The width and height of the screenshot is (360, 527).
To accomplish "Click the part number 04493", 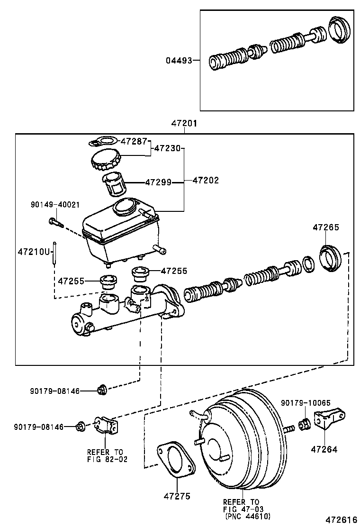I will (180, 61).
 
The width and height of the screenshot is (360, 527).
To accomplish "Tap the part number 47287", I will (134, 141).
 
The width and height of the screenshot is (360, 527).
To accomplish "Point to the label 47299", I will (158, 182).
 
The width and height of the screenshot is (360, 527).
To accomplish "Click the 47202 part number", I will (206, 181).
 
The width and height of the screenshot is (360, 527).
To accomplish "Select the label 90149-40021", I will (55, 204).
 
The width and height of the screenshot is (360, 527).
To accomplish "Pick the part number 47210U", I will (34, 251).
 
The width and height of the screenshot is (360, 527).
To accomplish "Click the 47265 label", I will (325, 227).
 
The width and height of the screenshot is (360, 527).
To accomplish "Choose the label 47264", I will (324, 449).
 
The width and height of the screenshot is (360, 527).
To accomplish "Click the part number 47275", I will (177, 496).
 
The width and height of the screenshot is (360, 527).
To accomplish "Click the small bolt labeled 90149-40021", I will (55, 221).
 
